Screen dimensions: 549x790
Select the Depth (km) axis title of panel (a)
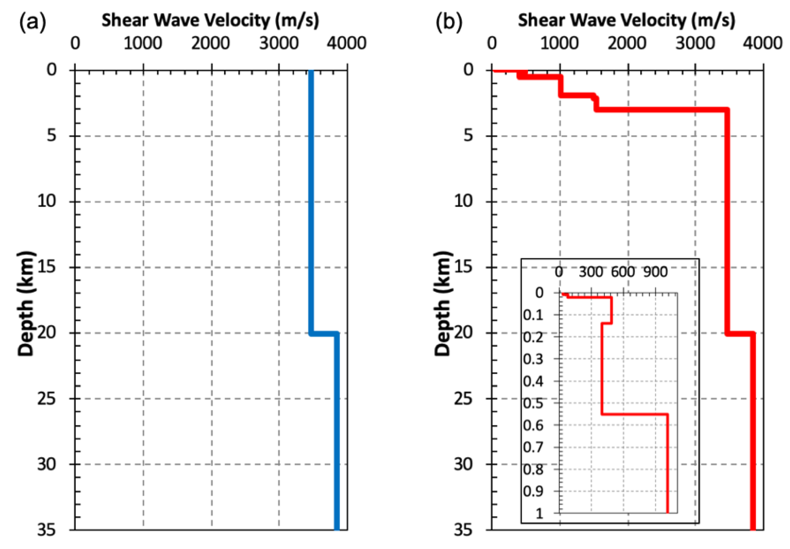point(26,303)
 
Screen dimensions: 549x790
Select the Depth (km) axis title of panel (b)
point(443,303)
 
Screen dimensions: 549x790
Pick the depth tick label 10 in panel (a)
point(47,201)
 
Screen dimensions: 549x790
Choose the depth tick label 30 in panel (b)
point(463,464)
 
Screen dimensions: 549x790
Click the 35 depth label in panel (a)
point(47,530)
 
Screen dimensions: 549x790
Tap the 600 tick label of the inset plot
point(623,272)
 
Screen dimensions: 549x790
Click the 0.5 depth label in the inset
point(533,403)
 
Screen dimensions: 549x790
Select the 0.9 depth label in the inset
point(533,491)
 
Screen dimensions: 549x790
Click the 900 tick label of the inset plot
point(655,272)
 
